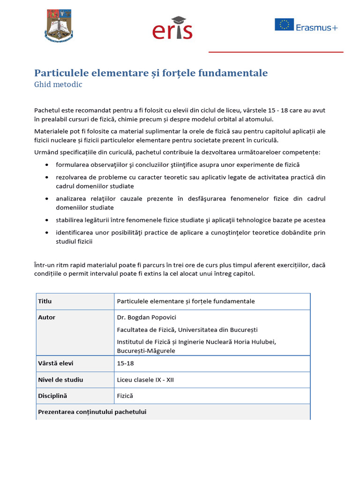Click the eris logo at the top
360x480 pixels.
(172, 29)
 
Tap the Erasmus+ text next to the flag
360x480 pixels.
(316, 27)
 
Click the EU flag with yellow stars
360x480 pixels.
(284, 24)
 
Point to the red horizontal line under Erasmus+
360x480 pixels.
(276, 52)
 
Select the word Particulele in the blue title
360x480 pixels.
(62, 73)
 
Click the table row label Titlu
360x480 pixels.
(45, 301)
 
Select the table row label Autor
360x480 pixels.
(46, 317)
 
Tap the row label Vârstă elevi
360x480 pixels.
(55, 363)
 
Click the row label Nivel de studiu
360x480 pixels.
(60, 380)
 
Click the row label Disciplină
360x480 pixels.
(52, 396)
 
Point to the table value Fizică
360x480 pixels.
(125, 396)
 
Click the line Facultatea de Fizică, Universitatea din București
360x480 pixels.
(187, 330)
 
